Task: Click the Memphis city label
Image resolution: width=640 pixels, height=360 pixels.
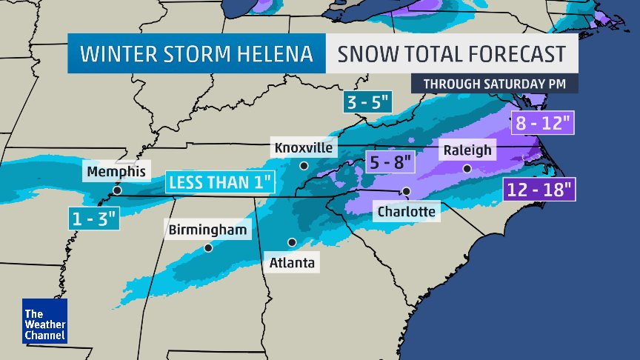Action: [116, 172]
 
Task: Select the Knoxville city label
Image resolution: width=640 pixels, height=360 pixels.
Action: [304, 147]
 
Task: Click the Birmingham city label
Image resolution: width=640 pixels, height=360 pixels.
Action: [207, 230]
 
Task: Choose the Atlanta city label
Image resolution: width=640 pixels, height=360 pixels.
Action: [292, 262]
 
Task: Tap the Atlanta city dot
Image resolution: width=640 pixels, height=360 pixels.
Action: [292, 242]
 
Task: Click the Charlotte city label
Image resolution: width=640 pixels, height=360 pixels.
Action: [406, 211]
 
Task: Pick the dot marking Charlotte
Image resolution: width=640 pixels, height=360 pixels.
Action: [406, 191]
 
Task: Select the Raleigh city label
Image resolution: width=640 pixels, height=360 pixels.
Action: [467, 150]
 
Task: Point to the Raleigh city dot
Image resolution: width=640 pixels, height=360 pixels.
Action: [467, 169]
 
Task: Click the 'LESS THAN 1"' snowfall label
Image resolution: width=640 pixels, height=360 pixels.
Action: [219, 181]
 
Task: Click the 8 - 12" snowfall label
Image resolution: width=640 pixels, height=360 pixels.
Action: [542, 123]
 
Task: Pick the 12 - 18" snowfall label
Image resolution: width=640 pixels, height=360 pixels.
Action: [539, 189]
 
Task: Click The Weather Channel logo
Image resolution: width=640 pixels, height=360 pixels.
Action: [44, 321]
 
